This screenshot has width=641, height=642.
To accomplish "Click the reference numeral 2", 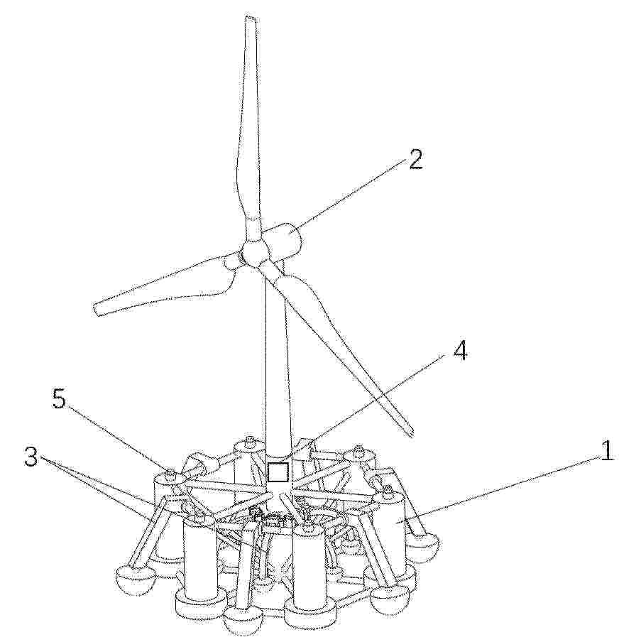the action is (x=415, y=159).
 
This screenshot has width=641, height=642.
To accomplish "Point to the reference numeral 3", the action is (x=31, y=457).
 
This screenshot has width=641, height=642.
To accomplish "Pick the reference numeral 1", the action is (x=607, y=450).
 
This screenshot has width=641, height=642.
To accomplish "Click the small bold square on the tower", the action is (x=278, y=472).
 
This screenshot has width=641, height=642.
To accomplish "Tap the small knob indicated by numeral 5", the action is (x=171, y=474).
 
